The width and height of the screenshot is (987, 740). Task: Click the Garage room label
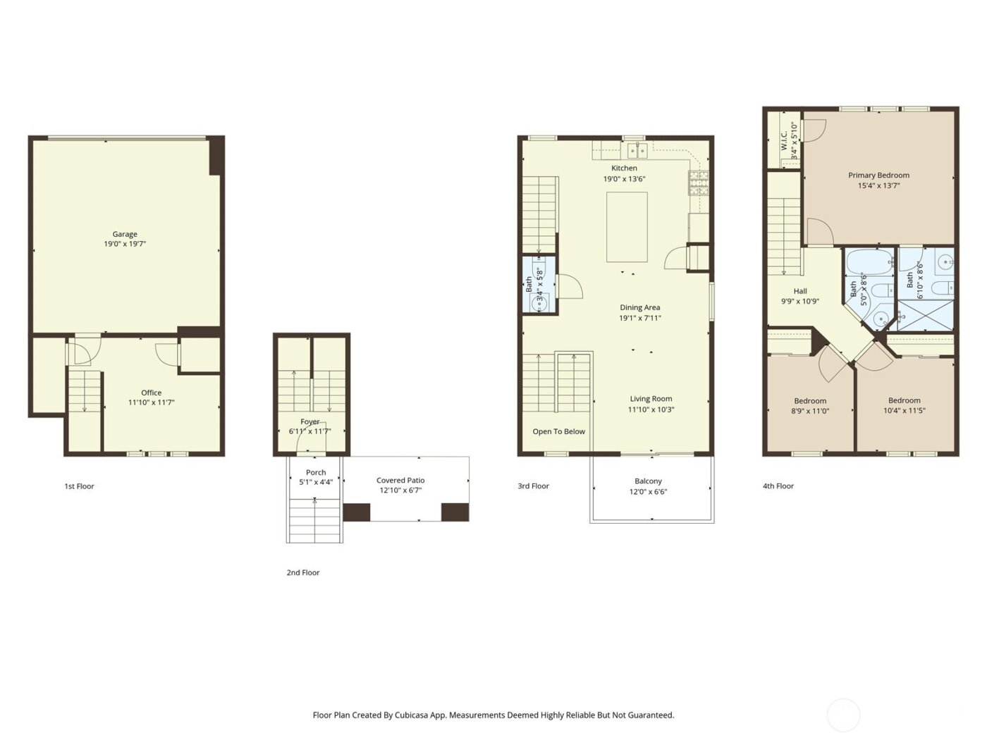(x=125, y=234)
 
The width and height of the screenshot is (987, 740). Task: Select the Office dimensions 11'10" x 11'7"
(x=151, y=402)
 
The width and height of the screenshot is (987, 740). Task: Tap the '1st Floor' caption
(x=79, y=486)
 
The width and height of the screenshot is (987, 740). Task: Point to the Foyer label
(x=309, y=421)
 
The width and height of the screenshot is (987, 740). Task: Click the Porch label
(x=316, y=472)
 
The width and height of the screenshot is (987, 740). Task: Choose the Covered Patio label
(x=400, y=480)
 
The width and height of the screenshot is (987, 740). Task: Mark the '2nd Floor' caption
(x=302, y=572)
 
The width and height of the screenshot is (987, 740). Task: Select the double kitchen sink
(x=637, y=150)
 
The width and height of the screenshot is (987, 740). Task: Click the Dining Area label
(x=639, y=307)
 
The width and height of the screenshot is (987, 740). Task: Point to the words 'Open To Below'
(x=558, y=431)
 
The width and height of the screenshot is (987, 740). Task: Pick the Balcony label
(x=648, y=481)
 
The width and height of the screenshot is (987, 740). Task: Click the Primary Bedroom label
(x=878, y=175)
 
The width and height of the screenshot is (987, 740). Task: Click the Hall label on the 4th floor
(x=800, y=291)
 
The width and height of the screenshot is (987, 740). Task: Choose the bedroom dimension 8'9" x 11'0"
(x=811, y=410)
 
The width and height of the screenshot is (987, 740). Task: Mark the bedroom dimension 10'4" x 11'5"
(x=905, y=410)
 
